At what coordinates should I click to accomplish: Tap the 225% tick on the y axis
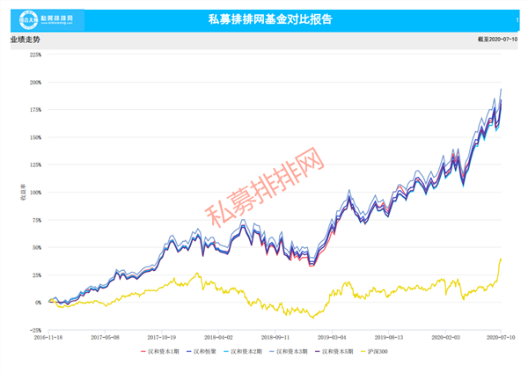point(35,55)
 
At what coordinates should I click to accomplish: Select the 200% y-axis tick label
point(35,83)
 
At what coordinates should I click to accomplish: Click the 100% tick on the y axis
point(35,193)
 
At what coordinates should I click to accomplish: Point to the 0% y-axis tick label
point(38,303)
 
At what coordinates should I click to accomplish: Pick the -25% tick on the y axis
point(35,330)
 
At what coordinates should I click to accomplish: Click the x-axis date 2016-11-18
point(49,336)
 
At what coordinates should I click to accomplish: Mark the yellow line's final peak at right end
point(501,259)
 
